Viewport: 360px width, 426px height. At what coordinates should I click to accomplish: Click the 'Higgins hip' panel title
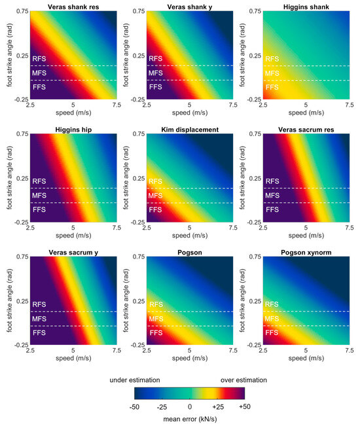point(73,130)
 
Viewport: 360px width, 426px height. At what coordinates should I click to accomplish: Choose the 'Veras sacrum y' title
point(73,253)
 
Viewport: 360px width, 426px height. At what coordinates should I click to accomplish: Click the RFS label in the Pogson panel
point(156,304)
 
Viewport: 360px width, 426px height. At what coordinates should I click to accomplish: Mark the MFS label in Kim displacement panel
point(156,196)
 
